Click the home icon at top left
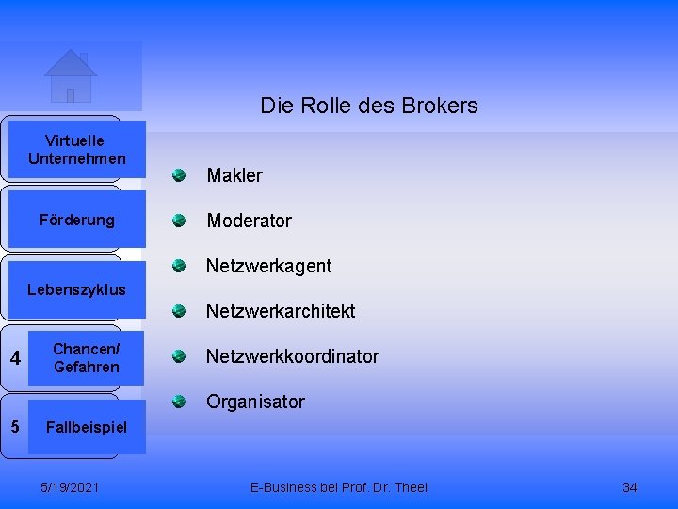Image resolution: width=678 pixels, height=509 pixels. [71, 74]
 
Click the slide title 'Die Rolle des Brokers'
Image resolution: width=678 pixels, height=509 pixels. [369, 106]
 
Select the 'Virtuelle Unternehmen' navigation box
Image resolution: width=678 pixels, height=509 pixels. [77, 150]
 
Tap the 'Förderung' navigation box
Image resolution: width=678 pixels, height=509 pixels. [77, 220]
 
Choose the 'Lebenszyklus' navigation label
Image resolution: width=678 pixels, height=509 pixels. [76, 289]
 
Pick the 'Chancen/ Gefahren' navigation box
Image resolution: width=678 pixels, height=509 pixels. [86, 358]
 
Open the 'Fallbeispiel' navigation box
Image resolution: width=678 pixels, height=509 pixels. [86, 427]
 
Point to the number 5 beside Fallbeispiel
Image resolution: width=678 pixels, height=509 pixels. [14, 426]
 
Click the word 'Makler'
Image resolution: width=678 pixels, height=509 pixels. [234, 175]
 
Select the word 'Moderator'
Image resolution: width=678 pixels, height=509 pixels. [250, 221]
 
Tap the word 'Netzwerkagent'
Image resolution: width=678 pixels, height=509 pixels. [269, 266]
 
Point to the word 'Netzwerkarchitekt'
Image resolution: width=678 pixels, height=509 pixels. [281, 311]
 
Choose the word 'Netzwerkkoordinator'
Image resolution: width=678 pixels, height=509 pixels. [293, 356]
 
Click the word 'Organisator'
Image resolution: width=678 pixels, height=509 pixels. [256, 402]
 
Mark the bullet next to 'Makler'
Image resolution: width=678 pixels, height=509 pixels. [179, 174]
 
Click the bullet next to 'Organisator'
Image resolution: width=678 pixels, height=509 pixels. [179, 401]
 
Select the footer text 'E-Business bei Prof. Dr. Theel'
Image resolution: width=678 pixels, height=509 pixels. [339, 487]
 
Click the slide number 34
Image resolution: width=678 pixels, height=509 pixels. [630, 487]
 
